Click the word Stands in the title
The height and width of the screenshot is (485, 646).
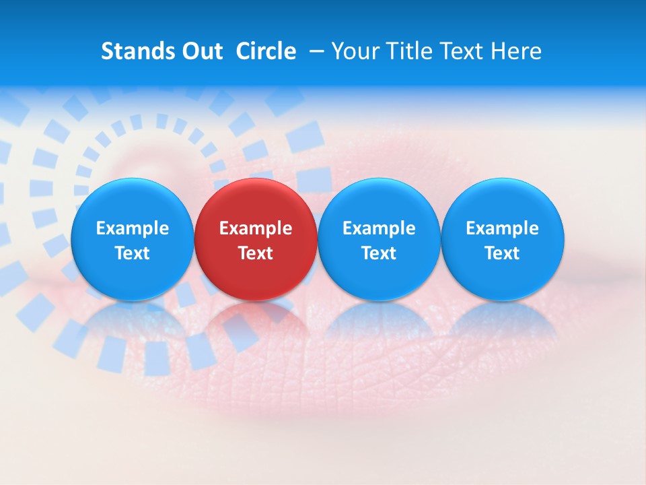[139, 51]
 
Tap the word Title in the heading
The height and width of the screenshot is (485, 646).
[412, 51]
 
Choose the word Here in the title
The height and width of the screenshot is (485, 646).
[516, 51]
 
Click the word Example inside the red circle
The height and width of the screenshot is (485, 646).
[256, 228]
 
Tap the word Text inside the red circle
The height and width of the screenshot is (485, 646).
[256, 253]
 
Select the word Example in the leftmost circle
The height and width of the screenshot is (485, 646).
[132, 228]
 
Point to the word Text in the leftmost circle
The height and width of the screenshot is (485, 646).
[132, 253]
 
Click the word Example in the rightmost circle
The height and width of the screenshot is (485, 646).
[502, 228]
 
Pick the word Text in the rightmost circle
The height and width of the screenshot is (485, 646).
[502, 253]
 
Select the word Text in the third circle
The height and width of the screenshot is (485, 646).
[379, 253]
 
